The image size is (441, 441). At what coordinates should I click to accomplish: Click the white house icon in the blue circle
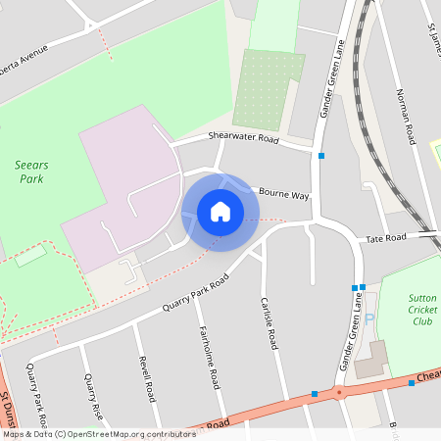(x=220, y=211)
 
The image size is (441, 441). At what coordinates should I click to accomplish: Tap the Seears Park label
(x=36, y=172)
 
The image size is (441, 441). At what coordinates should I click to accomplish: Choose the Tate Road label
(x=385, y=238)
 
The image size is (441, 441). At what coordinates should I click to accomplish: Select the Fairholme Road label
(x=209, y=357)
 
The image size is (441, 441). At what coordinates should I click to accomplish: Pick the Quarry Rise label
(x=94, y=396)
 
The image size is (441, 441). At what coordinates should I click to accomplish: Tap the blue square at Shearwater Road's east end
(x=321, y=155)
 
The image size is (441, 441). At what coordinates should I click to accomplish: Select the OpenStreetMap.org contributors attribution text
(x=98, y=433)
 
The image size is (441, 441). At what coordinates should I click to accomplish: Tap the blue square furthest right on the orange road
(x=412, y=383)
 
